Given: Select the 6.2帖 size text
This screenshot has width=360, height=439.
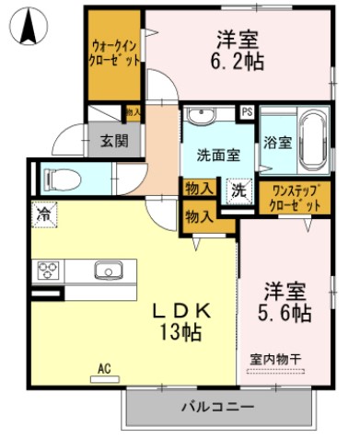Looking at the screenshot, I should (x=238, y=64).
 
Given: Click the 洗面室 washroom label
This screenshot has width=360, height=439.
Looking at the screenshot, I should (x=217, y=156).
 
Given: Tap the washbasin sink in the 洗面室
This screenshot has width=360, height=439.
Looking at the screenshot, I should (x=200, y=115).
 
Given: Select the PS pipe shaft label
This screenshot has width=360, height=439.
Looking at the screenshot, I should (x=247, y=112).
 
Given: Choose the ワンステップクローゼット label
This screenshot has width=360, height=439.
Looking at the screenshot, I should (x=289, y=195).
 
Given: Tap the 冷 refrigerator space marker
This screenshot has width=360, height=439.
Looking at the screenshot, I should (x=43, y=214).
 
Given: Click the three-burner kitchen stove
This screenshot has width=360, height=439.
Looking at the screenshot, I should (x=47, y=271).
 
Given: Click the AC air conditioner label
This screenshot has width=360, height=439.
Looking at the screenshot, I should (x=103, y=370).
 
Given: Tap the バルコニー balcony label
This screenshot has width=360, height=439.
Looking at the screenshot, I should (x=217, y=406).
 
